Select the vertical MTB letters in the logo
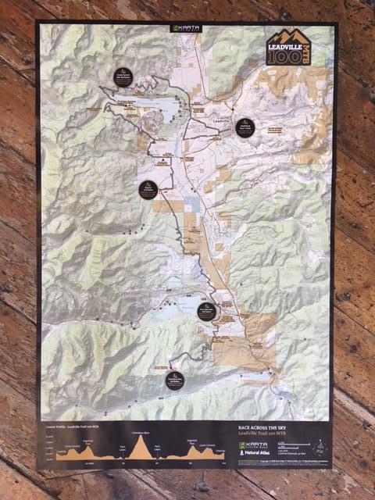tap(316, 58)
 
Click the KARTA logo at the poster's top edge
tap(186, 28)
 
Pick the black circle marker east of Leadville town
tap(245, 127)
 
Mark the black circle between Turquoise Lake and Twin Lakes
tap(149, 190)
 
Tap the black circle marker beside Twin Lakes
tap(206, 310)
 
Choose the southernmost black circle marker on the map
tap(175, 380)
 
